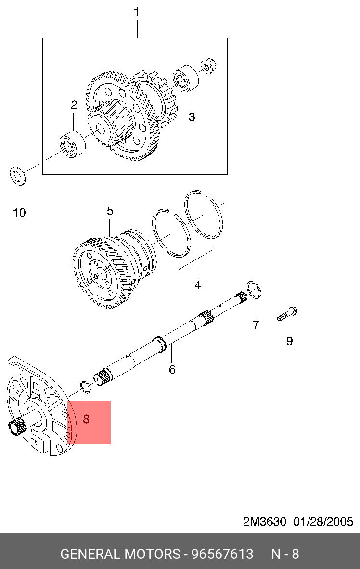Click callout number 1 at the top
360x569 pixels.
[137, 12]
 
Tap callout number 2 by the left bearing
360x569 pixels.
[74, 105]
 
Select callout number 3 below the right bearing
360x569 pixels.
[192, 117]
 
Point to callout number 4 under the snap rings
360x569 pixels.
[197, 285]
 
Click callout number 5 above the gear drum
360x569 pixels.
[110, 211]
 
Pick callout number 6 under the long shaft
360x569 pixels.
[172, 369]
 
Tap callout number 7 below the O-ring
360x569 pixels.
[256, 324]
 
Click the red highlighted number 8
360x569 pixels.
[86, 419]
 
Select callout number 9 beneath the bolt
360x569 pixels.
[289, 341]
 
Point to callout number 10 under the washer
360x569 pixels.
[20, 212]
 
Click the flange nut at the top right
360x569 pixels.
[208, 65]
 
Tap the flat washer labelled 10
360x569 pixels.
[17, 175]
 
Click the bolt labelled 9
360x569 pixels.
[287, 314]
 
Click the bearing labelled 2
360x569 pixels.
[73, 144]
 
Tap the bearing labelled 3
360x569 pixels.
[186, 79]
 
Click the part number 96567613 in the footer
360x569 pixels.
[222, 554]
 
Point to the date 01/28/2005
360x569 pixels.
[323, 522]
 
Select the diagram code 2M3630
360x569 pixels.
[265, 522]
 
